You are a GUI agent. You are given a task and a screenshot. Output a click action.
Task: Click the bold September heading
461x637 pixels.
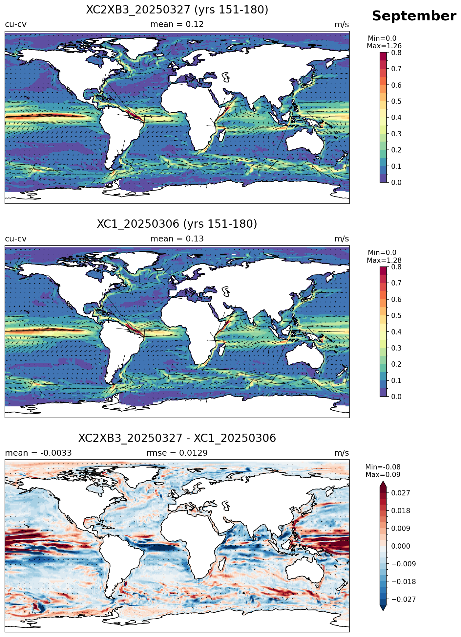tap(414, 16)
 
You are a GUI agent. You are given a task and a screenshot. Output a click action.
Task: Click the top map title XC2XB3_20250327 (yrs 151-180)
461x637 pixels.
tap(177, 10)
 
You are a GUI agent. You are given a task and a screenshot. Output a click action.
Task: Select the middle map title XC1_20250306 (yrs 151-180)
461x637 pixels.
tap(177, 224)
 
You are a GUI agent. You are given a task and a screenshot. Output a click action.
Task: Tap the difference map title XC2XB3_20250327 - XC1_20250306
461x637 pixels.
tap(177, 438)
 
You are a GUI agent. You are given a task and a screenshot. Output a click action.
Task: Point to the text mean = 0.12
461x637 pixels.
tap(177, 24)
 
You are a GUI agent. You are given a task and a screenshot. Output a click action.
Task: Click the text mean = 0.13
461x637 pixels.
tap(177, 239)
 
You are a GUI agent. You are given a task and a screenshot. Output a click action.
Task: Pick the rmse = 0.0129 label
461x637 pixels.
tap(177, 453)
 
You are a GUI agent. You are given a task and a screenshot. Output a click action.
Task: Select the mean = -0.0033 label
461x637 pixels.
tap(38, 453)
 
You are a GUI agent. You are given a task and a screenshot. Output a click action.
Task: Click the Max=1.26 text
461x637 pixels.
tap(384, 46)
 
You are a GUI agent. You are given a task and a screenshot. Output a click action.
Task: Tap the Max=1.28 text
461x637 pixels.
tap(384, 261)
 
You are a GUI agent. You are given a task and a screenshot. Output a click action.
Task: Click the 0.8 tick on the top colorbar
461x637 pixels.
tap(397, 53)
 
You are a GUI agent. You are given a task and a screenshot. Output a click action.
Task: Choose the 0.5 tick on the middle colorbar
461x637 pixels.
tap(397, 316)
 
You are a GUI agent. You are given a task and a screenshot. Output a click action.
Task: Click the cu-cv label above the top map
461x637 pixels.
tap(16, 24)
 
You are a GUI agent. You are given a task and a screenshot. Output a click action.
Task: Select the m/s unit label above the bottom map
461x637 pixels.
tap(342, 453)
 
